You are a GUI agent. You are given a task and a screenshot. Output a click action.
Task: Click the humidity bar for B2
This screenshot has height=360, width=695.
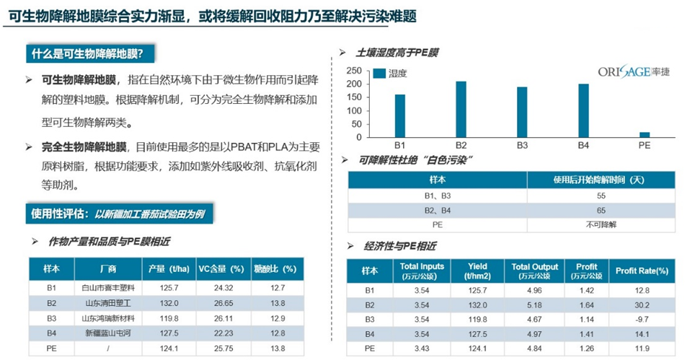coord(461,110)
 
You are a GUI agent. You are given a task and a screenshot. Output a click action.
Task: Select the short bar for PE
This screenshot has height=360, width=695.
coord(645,135)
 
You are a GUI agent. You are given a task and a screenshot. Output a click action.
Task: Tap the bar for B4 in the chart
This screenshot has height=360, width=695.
coord(583,111)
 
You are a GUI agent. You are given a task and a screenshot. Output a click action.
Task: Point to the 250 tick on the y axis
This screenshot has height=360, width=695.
coord(353,71)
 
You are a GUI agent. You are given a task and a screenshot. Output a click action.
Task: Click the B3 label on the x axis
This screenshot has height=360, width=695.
coord(522,146)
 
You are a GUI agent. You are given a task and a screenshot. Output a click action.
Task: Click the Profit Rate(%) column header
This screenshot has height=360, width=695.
coord(641,271)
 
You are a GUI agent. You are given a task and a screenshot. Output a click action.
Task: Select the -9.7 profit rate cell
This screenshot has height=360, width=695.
coord(641,319)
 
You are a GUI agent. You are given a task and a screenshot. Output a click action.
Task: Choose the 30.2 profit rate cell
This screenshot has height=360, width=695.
coord(641,304)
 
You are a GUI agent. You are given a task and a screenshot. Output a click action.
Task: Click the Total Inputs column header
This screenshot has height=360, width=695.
coord(422,271)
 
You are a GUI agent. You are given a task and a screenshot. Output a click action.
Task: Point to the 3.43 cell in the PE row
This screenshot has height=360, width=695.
coord(422,348)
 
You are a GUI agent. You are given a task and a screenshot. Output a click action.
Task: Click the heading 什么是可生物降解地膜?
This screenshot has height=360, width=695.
coord(91,54)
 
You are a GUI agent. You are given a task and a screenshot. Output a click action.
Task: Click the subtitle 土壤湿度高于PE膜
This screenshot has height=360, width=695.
coord(397,53)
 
